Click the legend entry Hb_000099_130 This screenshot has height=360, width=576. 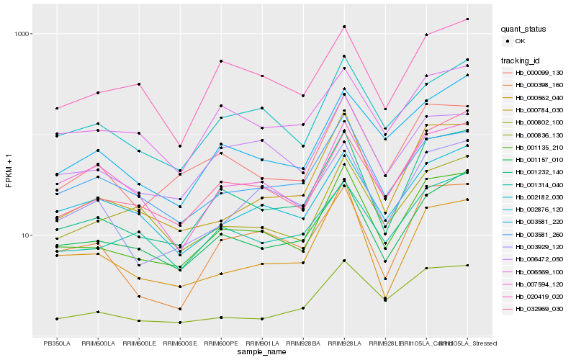[539, 73]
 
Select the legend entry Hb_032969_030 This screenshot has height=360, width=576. [539, 309]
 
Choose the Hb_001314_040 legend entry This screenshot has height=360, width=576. [539, 191]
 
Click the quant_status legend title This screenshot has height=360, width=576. [524, 30]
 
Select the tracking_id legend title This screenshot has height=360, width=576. [523, 60]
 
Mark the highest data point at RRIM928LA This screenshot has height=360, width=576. [344, 27]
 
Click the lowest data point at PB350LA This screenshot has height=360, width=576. [57, 318]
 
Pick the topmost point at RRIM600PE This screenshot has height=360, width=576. [221, 61]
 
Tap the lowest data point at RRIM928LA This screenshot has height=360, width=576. [344, 260]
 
